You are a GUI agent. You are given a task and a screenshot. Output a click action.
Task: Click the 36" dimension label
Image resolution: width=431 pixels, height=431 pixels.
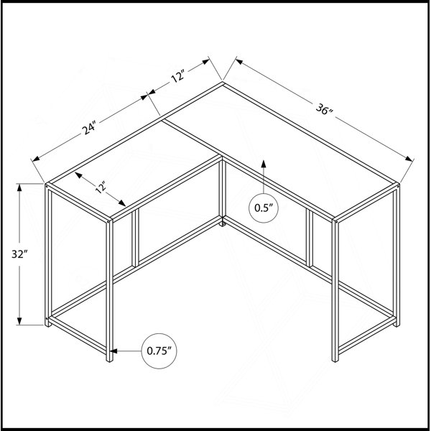(324, 109)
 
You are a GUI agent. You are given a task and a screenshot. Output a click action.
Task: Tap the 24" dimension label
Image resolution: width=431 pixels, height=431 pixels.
(90, 128)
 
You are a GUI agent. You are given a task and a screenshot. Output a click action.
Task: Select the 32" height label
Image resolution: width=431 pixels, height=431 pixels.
(20, 254)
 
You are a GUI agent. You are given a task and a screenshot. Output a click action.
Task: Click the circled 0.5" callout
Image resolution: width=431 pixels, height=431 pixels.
(264, 208)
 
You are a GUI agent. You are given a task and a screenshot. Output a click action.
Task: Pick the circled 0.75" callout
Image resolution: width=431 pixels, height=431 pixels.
(159, 351)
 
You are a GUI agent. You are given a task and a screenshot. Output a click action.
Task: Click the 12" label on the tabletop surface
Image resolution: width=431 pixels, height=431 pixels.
(101, 187)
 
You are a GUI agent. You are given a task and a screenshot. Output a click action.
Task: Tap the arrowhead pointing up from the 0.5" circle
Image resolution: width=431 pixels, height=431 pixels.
(264, 164)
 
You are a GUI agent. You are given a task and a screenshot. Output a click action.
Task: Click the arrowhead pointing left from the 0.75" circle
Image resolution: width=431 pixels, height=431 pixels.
(113, 351)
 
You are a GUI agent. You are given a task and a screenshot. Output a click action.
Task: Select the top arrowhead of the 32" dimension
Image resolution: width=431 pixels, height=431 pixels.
(19, 187)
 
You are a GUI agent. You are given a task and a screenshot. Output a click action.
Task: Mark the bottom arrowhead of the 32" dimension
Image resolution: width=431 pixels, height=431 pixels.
(19, 321)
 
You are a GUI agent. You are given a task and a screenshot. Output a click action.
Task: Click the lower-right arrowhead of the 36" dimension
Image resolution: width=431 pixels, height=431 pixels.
(409, 159)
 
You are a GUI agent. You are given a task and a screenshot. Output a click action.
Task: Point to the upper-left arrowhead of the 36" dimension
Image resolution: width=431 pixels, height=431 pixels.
(239, 61)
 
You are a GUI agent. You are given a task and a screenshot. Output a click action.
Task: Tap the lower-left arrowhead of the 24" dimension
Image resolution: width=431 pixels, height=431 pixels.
(37, 159)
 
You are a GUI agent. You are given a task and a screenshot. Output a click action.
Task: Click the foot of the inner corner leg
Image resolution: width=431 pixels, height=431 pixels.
(223, 224)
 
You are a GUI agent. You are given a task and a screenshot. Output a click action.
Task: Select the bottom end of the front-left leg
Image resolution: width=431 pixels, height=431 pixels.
(109, 360)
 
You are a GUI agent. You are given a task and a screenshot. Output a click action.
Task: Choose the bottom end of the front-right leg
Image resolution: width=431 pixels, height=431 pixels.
(335, 360)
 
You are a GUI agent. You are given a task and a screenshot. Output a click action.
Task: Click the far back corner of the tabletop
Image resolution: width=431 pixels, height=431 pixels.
(223, 82)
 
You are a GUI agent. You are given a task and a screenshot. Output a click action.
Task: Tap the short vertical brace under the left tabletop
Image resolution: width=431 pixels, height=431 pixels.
(135, 238)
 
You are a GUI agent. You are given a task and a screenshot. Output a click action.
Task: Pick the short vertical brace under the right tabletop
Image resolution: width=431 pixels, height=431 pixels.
(310, 238)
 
